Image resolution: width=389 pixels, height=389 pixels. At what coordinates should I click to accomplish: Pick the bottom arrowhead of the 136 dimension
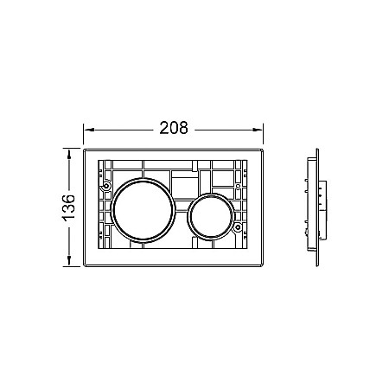(68, 266)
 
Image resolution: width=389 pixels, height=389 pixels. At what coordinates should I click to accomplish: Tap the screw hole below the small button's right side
(239, 228)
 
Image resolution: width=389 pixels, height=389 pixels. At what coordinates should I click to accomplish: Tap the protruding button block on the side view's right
(322, 208)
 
